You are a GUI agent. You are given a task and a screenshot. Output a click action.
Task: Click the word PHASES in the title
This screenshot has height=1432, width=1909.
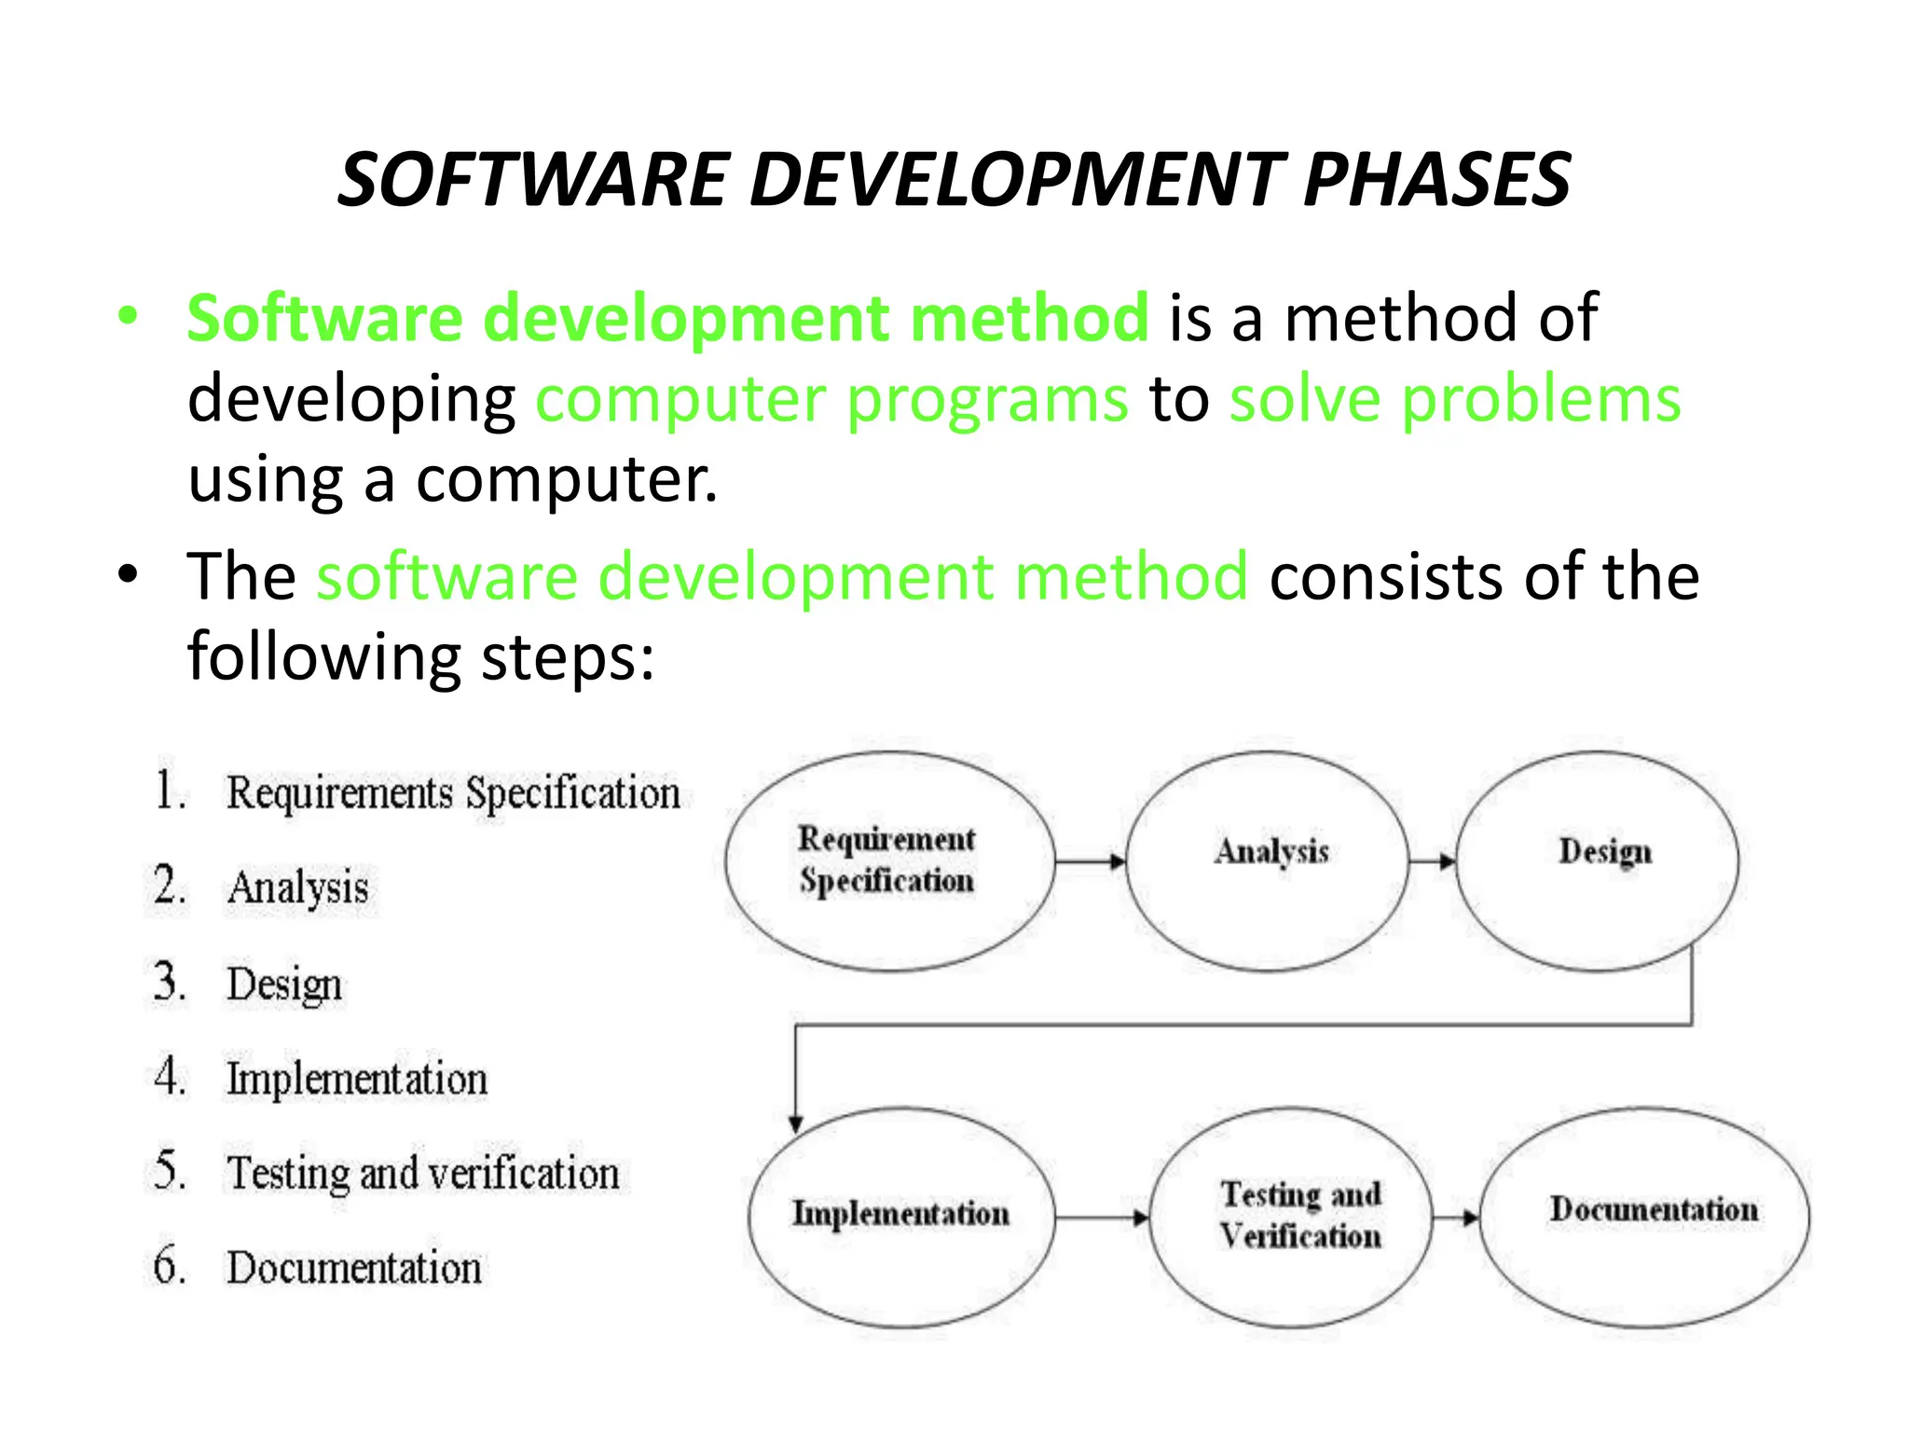1436,180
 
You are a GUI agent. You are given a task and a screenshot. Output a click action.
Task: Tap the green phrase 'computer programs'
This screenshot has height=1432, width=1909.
831,399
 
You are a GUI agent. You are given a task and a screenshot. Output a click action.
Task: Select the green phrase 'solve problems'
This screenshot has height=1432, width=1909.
1455,399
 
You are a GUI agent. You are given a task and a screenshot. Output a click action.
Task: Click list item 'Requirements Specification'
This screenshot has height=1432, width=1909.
453,793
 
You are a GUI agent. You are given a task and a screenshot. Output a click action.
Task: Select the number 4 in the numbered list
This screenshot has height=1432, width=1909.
169,1077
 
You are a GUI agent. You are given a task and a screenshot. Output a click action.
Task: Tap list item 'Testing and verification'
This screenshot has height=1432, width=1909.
423,1173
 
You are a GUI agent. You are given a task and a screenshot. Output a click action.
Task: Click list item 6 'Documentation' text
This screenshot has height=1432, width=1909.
354,1268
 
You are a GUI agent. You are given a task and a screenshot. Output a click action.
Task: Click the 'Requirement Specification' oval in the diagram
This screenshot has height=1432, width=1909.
888,861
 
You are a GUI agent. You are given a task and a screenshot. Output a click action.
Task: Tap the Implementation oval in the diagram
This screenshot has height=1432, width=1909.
901,1216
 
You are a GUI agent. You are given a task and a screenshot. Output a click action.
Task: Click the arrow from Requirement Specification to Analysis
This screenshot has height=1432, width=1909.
1091,861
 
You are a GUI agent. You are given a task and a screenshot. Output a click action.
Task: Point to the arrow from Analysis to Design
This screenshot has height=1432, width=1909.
1432,861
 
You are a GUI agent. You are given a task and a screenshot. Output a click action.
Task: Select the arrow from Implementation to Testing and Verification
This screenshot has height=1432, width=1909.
1103,1218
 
